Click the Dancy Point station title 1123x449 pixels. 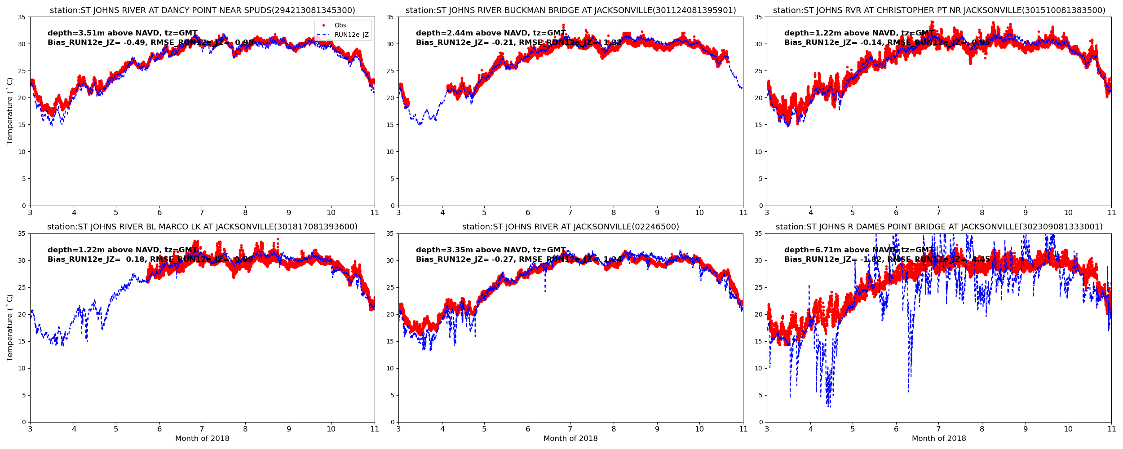coord(202,10)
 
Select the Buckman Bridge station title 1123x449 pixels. coord(570,10)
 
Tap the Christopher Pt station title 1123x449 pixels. coord(939,10)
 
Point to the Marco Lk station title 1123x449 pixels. coord(202,227)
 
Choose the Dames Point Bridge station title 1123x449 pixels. coord(939,227)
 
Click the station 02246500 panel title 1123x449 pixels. coord(570,227)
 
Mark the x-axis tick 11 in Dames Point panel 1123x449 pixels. coord(1111,429)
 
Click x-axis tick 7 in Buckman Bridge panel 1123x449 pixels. coord(570,212)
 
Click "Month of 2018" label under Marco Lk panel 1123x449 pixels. coord(202,439)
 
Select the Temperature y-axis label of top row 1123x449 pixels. coord(10,111)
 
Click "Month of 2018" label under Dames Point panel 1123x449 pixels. coord(939,439)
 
